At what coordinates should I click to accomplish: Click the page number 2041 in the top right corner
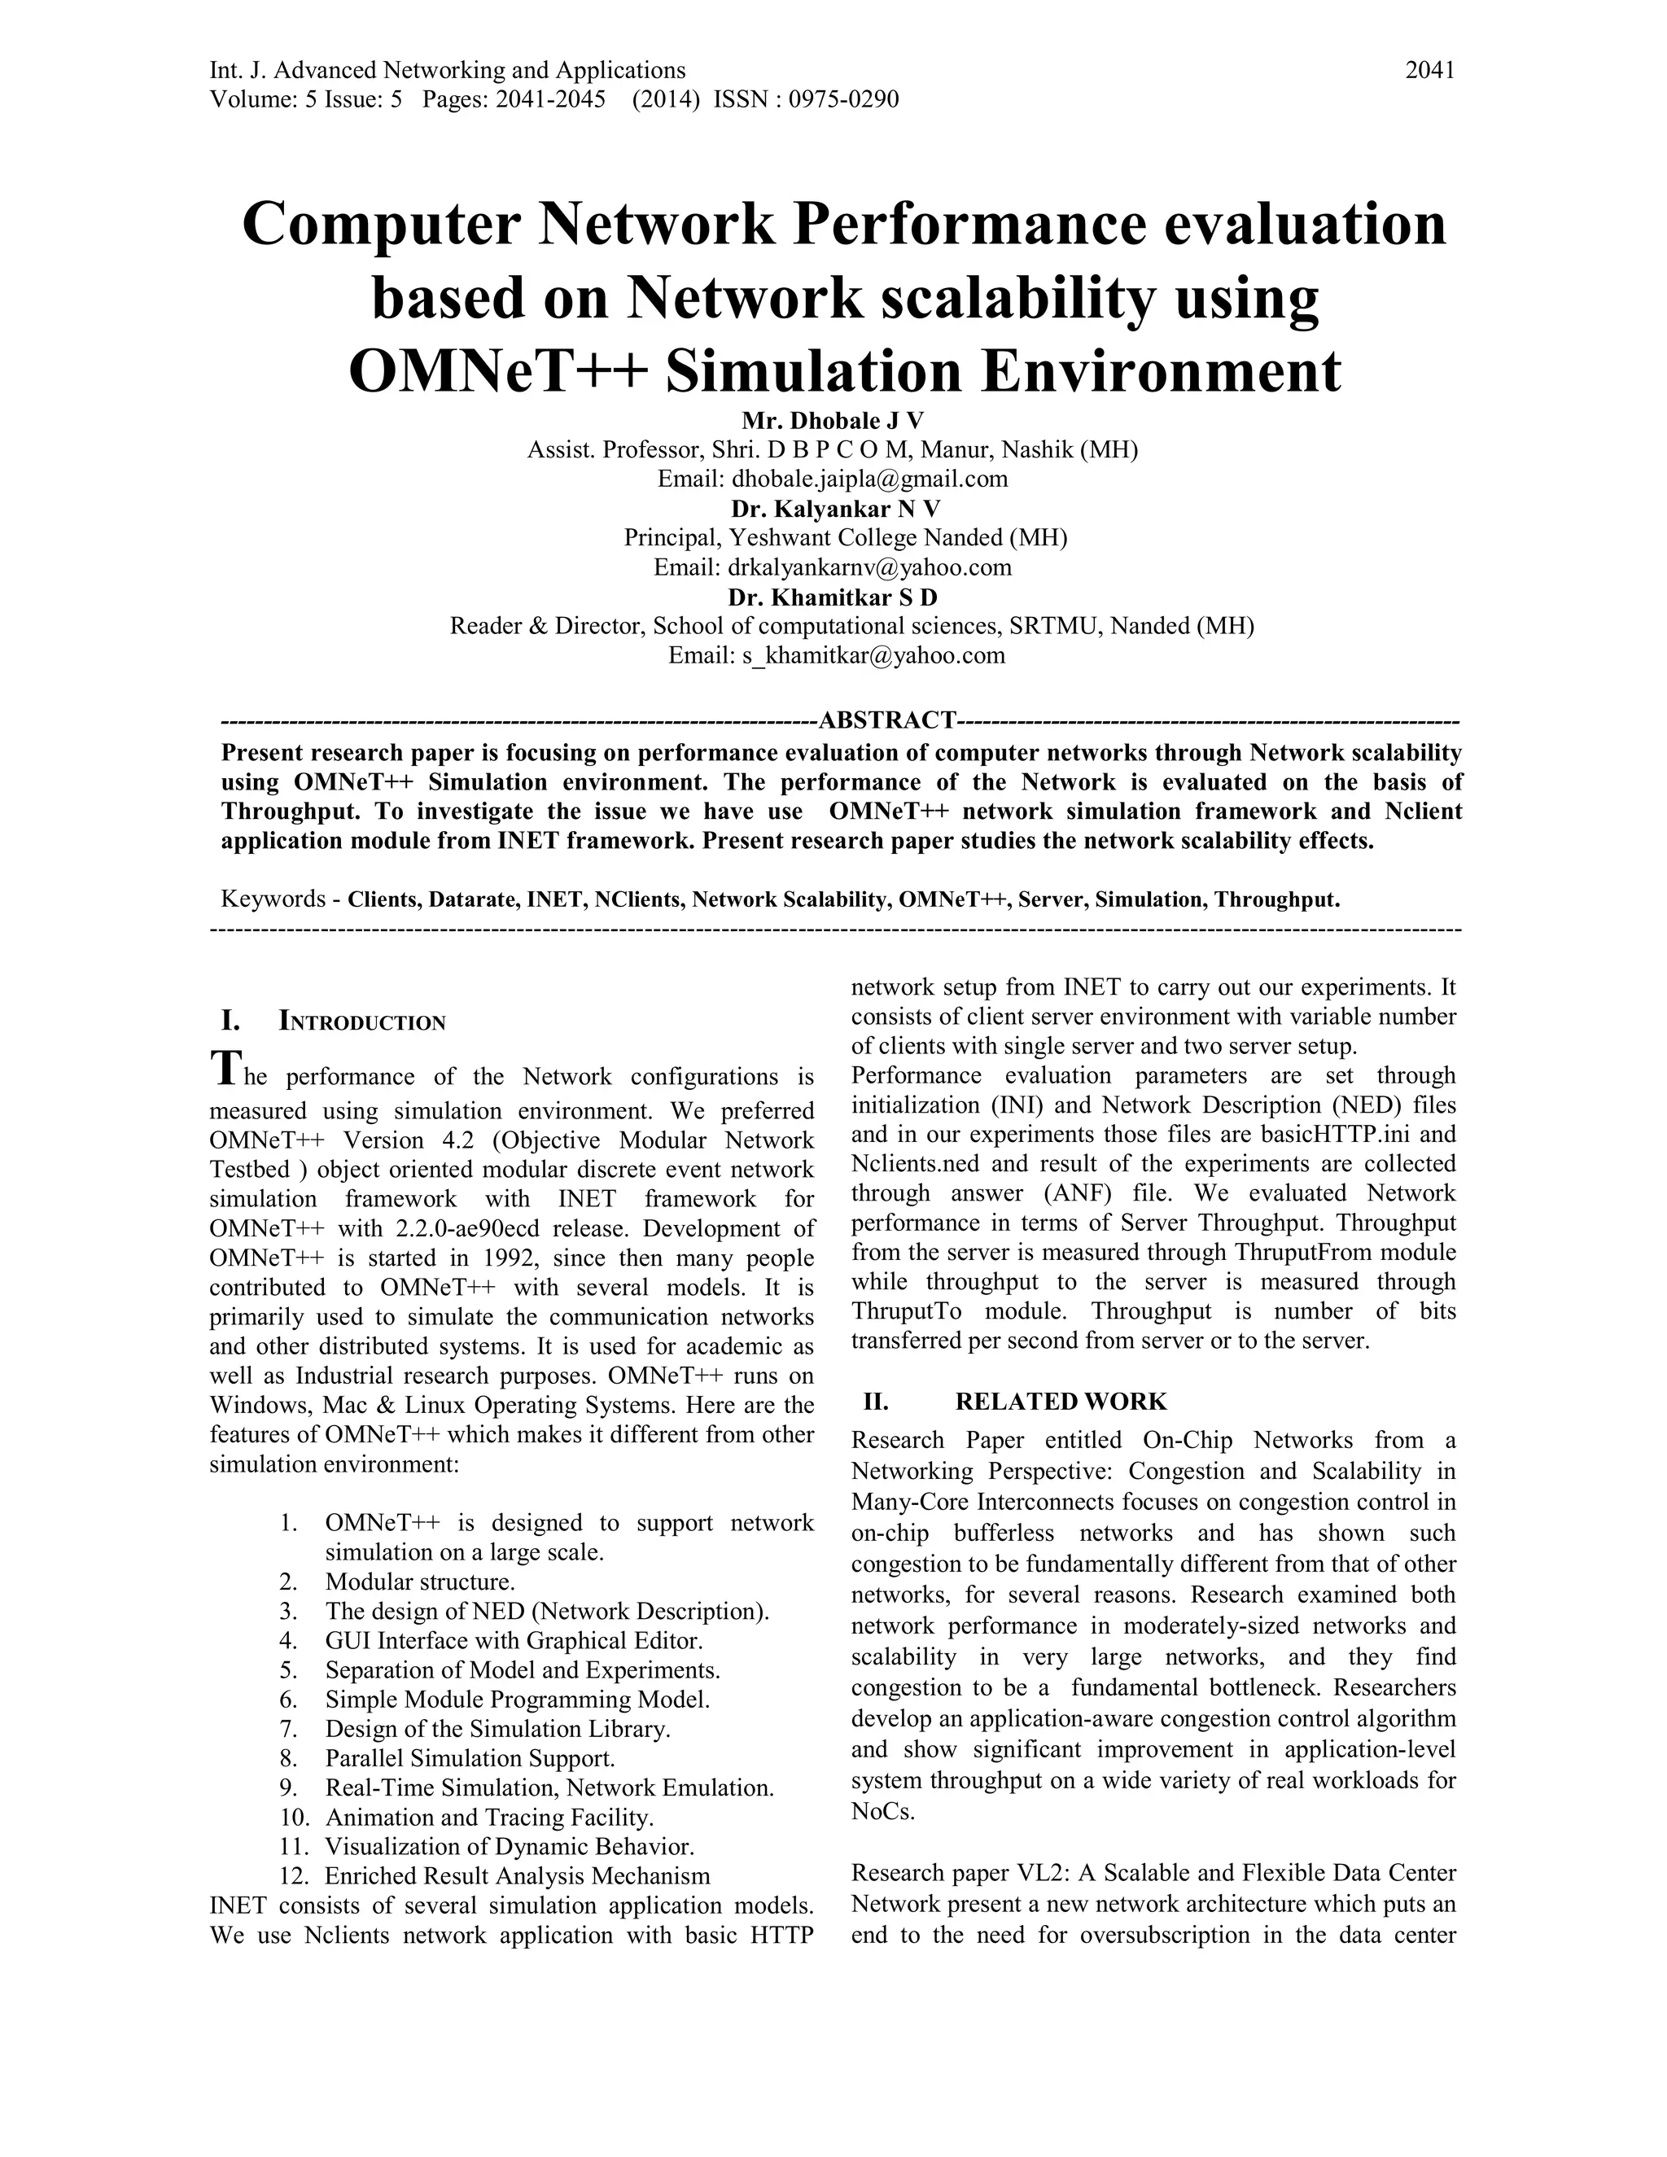click(1429, 70)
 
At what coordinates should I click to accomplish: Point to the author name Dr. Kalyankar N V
click(834, 509)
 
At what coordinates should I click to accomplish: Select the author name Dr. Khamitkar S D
click(833, 597)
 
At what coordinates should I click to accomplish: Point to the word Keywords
click(273, 899)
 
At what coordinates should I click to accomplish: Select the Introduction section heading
click(361, 1022)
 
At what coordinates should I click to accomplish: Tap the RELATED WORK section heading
click(1060, 1402)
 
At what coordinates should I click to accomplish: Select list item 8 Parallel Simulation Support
click(469, 1758)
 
